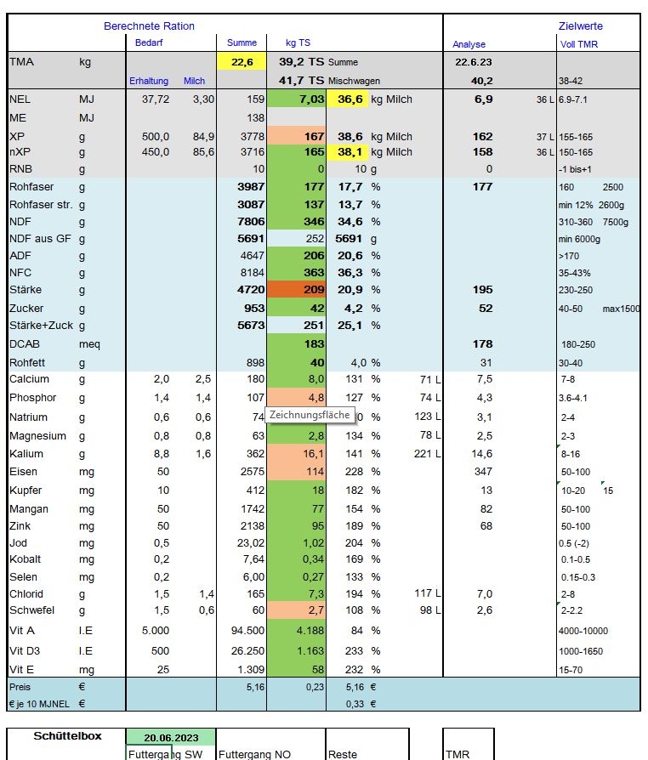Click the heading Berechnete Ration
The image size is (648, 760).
[x=149, y=26]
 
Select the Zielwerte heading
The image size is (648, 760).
[x=581, y=26]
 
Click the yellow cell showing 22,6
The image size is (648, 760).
[x=242, y=61]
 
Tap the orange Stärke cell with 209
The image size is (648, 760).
[x=296, y=289]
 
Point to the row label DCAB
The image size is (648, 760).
[x=25, y=344]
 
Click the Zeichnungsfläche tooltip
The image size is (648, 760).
[x=310, y=415]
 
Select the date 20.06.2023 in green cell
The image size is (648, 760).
[x=171, y=738]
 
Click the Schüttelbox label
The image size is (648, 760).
[x=67, y=735]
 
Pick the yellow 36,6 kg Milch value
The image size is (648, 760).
[x=350, y=99]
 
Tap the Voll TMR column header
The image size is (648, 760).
[x=578, y=44]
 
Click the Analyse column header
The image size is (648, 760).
[x=469, y=44]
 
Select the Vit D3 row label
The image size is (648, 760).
[x=25, y=651]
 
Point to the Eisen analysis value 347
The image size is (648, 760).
[x=483, y=471]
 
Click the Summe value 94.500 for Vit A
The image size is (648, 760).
[x=247, y=631]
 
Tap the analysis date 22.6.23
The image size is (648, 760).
[x=473, y=62]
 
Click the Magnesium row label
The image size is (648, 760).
[x=37, y=436]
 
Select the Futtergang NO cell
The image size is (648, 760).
[x=254, y=754]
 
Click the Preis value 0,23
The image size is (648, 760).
[x=315, y=687]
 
